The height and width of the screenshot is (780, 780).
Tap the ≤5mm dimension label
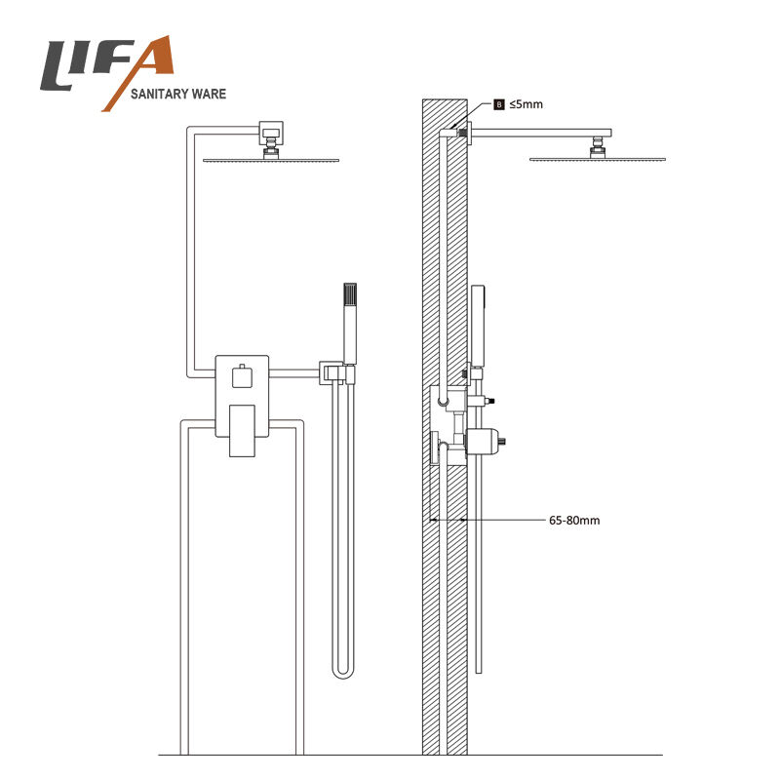526,104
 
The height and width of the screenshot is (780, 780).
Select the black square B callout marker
499,104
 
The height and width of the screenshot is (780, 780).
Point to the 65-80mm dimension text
574,521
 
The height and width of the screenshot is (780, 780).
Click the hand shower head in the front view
350,324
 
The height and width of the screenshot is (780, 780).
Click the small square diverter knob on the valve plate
242,376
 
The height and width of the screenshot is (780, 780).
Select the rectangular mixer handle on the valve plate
242,431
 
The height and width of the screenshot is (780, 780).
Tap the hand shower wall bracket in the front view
336,373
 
